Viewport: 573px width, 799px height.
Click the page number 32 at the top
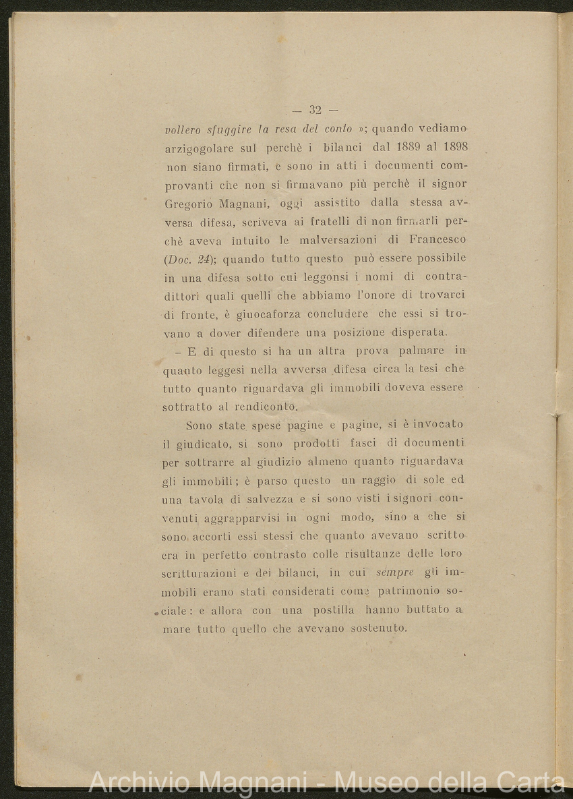pos(315,110)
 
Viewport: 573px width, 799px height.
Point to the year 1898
pos(452,147)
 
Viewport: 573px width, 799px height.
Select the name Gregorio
pos(188,203)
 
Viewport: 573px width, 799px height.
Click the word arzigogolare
pos(200,147)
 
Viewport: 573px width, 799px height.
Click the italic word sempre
pos(394,572)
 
